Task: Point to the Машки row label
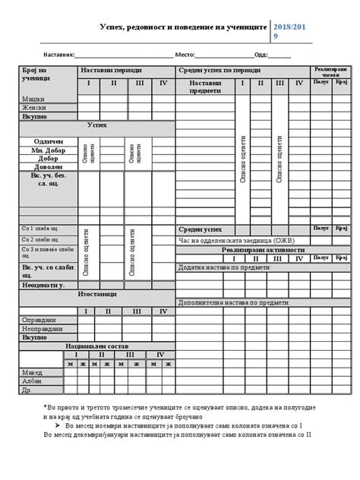(33, 99)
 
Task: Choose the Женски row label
(34, 108)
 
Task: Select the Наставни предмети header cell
(205, 86)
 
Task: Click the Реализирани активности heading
(264, 249)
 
